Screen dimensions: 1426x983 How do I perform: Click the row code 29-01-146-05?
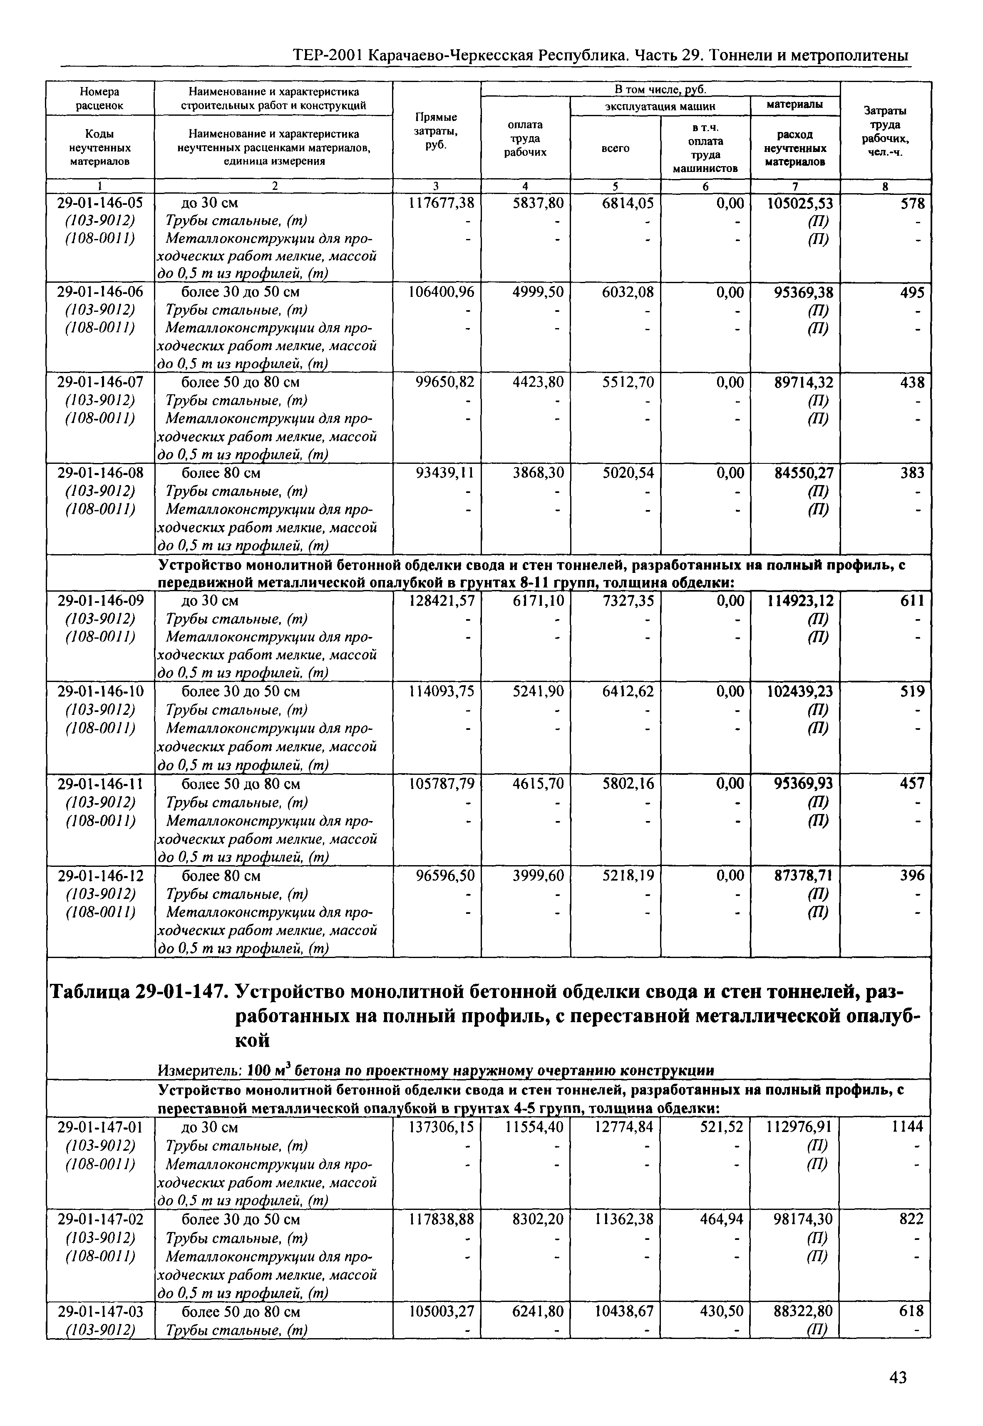pos(100,203)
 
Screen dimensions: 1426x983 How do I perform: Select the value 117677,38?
pos(441,203)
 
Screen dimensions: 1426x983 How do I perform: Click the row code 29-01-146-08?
pos(100,473)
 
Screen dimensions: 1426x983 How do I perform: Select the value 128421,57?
pos(441,600)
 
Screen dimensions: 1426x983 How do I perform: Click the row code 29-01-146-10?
pos(100,692)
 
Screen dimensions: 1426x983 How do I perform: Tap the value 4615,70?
pos(538,784)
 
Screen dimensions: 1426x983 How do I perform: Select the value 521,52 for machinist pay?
pos(722,1127)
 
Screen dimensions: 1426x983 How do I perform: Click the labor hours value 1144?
pos(907,1127)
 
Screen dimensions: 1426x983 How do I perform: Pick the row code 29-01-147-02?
pos(100,1219)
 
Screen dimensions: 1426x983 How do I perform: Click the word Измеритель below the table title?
pos(199,1070)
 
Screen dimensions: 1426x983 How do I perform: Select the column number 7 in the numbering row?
pos(794,186)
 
